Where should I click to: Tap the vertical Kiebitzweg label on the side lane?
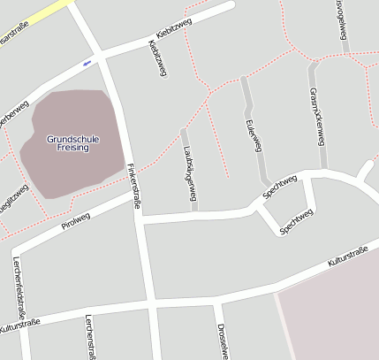(156, 57)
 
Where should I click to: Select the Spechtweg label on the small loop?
(296, 222)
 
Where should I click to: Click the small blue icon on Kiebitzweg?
(87, 63)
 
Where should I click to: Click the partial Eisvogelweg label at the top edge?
(341, 18)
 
